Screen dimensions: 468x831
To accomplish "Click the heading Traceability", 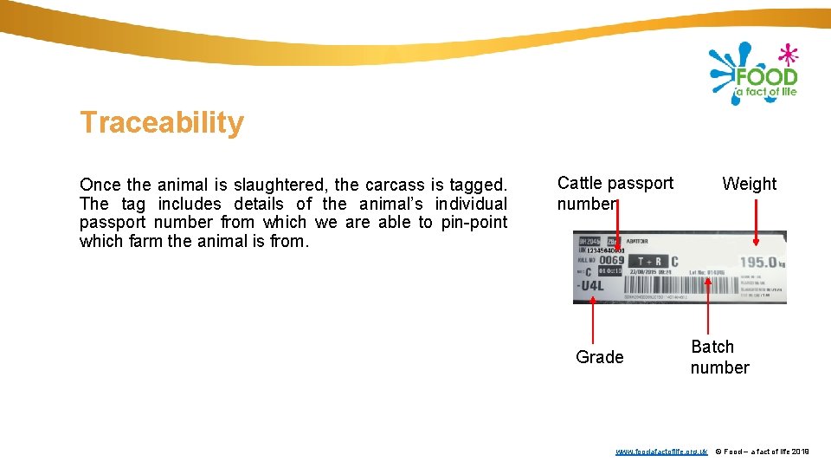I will pyautogui.click(x=162, y=123).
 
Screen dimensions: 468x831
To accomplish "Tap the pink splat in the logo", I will pyautogui.click(x=787, y=55).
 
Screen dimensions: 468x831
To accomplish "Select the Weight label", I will pyautogui.click(x=749, y=184).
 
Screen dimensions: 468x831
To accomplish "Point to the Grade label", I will pyautogui.click(x=599, y=357).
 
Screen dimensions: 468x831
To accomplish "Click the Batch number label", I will pyautogui.click(x=718, y=357).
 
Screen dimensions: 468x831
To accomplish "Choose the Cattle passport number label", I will pyautogui.click(x=615, y=193).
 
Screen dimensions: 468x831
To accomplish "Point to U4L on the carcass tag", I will pyautogui.click(x=593, y=285).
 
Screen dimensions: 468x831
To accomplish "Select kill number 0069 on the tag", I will pyautogui.click(x=611, y=260).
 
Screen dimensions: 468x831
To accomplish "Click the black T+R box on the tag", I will pyautogui.click(x=648, y=261).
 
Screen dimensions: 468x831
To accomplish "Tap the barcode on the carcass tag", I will pyautogui.click(x=631, y=296).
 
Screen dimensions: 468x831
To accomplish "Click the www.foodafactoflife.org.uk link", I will pyautogui.click(x=661, y=452).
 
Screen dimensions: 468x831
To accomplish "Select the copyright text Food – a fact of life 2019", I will pyautogui.click(x=762, y=452).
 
